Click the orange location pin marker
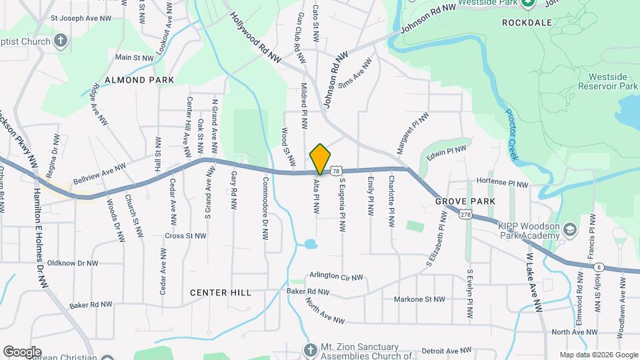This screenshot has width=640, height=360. pyautogui.click(x=320, y=159)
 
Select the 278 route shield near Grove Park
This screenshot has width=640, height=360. pyautogui.click(x=465, y=213)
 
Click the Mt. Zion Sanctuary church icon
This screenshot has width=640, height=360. pyautogui.click(x=310, y=349)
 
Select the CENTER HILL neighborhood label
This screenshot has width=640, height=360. pyautogui.click(x=220, y=293)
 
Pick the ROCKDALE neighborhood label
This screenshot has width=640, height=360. pyautogui.click(x=527, y=23)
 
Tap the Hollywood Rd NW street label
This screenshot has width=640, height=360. pyautogui.click(x=257, y=38)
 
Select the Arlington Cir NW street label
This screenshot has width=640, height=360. pyautogui.click(x=336, y=277)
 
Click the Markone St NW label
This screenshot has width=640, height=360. pyautogui.click(x=419, y=299)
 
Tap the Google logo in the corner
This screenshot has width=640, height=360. pyautogui.click(x=22, y=351)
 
